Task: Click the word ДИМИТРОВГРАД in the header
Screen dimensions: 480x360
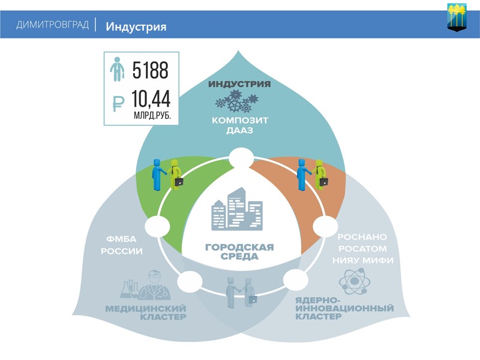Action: click(x=52, y=25)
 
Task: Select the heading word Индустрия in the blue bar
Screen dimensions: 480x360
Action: click(x=136, y=26)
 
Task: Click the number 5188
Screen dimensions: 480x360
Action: click(x=150, y=71)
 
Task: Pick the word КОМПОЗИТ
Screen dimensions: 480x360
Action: click(x=240, y=120)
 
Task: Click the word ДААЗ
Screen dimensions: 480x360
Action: click(x=240, y=131)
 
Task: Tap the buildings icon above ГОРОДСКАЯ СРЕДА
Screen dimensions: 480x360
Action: click(x=237, y=210)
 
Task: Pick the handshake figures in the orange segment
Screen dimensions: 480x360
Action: click(x=313, y=174)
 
